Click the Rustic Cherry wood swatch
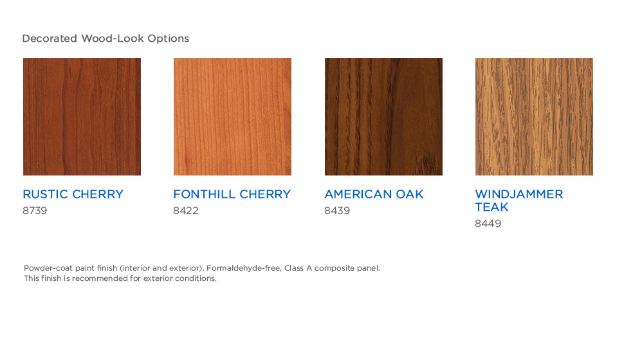(82, 116)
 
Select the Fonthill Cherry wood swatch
(232, 116)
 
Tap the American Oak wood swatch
(383, 116)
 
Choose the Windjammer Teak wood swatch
(534, 116)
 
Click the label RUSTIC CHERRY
(73, 194)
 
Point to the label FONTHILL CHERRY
(232, 194)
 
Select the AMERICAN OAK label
(374, 194)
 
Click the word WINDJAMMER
(519, 194)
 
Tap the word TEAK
(491, 207)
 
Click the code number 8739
(35, 210)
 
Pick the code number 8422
(186, 210)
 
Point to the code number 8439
(337, 210)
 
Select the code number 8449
(488, 223)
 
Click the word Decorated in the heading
(50, 38)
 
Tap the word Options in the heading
(169, 39)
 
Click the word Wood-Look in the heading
(113, 38)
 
